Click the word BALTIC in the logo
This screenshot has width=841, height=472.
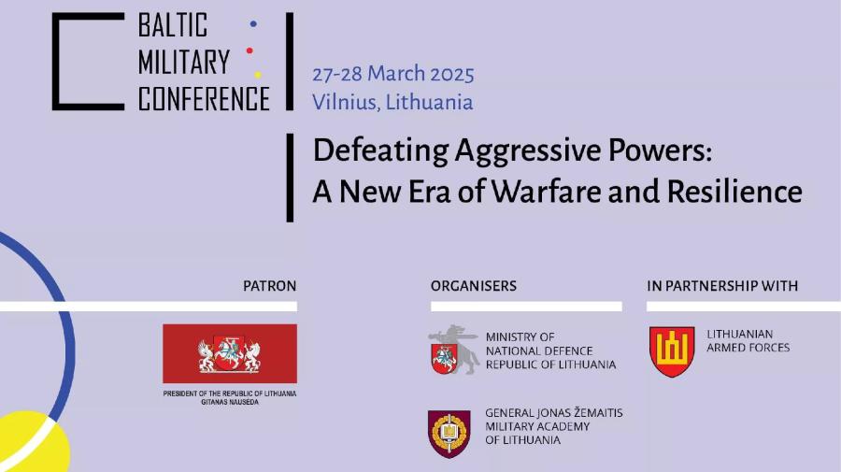coord(173,24)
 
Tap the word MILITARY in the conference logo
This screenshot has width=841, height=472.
coord(184,62)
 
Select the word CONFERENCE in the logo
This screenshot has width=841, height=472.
coord(204,98)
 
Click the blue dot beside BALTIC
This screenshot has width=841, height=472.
coord(253,23)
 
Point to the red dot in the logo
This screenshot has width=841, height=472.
coord(249,50)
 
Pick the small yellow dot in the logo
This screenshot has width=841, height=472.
coord(258,75)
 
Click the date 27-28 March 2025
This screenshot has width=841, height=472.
coord(393,74)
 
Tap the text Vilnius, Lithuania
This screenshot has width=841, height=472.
coord(392,102)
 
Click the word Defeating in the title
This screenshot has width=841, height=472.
coord(381,150)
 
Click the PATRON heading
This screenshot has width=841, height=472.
coord(270,286)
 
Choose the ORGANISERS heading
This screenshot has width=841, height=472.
coord(474,286)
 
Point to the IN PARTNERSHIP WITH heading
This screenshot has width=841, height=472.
coord(722,286)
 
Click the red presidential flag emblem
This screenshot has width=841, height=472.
coord(230,353)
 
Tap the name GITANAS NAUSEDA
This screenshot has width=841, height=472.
coord(230,402)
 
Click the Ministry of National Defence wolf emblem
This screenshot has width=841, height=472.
coord(454,350)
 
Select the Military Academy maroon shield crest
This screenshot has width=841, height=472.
coord(449,434)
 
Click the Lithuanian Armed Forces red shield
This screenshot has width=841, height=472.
coord(672,351)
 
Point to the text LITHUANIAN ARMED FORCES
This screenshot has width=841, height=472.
coord(748,340)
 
